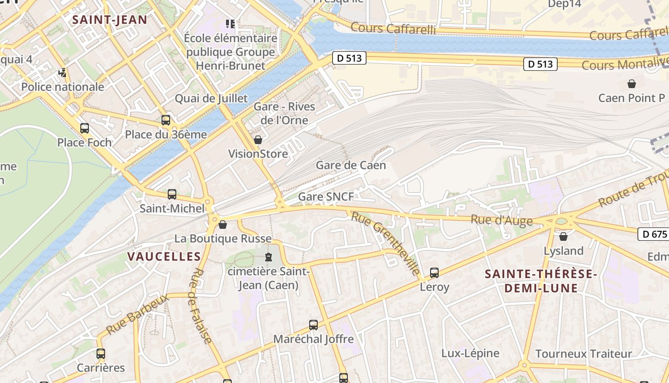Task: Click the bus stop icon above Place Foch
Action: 85,128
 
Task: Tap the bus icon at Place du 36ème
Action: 166,120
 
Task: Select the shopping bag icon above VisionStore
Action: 258,140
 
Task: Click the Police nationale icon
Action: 62,73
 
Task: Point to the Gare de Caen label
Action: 351,166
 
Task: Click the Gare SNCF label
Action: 326,197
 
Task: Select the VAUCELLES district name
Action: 164,257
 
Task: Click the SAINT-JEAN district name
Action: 109,20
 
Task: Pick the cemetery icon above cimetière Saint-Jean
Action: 269,257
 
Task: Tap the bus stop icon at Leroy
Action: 434,273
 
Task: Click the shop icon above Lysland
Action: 563,237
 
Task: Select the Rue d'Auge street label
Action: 501,220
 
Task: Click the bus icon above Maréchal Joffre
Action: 313,325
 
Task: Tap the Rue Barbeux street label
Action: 137,315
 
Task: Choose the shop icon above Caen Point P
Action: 632,84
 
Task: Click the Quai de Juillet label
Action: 211,99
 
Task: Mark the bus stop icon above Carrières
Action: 101,354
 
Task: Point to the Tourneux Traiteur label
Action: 583,354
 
